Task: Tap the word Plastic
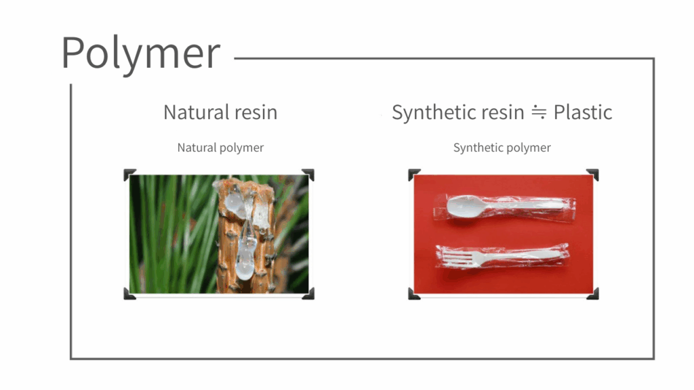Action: coord(582,112)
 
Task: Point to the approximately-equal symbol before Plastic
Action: coord(539,112)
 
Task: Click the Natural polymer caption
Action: coord(220,148)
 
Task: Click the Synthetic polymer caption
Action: coord(502,148)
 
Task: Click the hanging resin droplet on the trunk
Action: coord(246,257)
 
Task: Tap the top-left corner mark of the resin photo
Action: coord(129,175)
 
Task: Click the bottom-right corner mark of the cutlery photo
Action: coord(592,294)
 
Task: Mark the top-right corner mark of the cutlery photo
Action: coord(592,175)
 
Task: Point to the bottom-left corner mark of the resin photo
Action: coord(129,294)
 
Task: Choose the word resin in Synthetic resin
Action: coord(502,113)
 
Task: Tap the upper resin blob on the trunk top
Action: coord(237,202)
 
